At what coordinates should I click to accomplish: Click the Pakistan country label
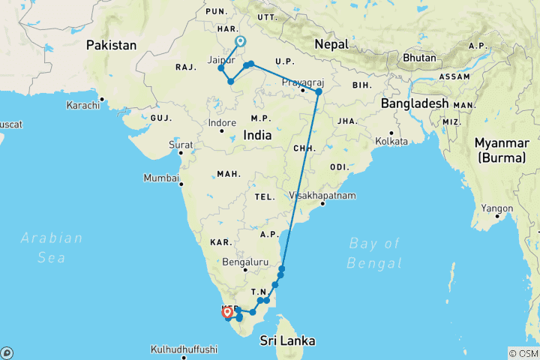(x=112, y=45)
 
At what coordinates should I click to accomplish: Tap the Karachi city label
(x=82, y=105)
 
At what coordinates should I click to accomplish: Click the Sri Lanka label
(x=287, y=340)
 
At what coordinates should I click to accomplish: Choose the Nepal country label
(x=331, y=43)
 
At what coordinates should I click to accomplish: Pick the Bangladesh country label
(x=414, y=103)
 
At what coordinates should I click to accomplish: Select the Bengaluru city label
(x=245, y=262)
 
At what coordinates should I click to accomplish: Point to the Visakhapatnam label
(x=322, y=195)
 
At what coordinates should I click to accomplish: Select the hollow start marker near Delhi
(x=240, y=42)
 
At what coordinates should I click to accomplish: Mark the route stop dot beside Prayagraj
(x=318, y=91)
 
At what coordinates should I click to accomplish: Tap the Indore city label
(x=222, y=122)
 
